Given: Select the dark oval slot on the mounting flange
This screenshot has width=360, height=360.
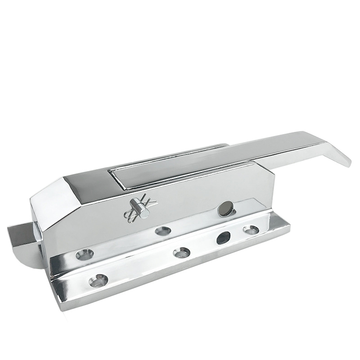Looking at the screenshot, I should coord(223,238).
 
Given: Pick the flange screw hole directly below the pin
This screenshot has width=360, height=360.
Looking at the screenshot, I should coord(162,231).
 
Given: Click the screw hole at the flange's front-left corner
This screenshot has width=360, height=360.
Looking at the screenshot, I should coord(98,280).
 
